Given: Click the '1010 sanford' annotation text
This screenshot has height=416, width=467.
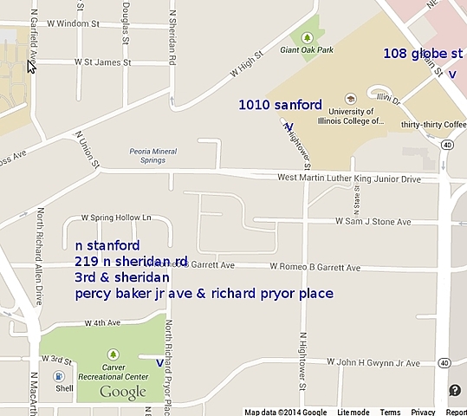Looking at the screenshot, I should tap(280, 106).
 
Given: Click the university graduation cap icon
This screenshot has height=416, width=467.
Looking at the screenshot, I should tap(350, 98).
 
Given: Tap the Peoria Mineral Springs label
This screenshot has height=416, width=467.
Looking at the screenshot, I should tap(152, 157).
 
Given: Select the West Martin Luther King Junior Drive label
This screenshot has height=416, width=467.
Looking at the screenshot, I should tap(348, 179).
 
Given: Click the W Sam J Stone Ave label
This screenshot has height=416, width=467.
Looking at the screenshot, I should tap(373, 222).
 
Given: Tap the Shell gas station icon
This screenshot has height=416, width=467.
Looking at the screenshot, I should tap(58, 377).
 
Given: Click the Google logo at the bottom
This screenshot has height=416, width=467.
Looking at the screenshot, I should tap(122, 393).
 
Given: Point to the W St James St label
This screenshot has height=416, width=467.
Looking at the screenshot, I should tap(102, 62).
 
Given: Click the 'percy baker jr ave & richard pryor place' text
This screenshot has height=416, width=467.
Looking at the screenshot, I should tap(204, 294).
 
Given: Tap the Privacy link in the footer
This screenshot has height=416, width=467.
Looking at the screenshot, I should tap(423, 412).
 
